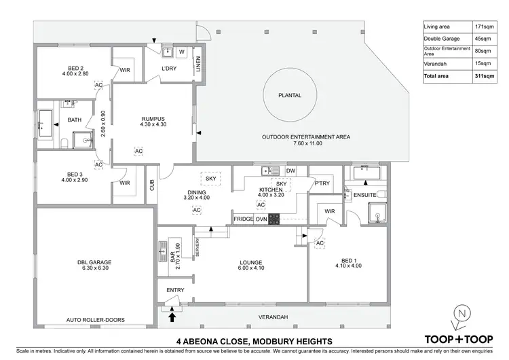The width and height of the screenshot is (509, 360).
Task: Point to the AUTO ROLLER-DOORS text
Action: [94, 319]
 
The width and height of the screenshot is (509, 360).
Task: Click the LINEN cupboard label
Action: [198, 65]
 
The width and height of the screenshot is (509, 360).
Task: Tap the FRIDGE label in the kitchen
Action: [243, 219]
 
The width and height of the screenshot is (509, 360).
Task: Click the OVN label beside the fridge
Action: [261, 219]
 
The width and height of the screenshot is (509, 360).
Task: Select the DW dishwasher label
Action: [290, 170]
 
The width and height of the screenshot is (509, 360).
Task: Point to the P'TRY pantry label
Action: [322, 183]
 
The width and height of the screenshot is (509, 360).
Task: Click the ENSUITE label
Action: [365, 196]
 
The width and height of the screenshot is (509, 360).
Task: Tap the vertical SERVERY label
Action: [198, 246]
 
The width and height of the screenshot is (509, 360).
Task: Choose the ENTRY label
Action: [175, 290]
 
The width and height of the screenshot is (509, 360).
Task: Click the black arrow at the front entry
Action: [172, 316]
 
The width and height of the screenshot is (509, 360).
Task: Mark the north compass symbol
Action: [461, 314]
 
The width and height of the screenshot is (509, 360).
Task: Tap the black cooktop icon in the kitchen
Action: [274, 219]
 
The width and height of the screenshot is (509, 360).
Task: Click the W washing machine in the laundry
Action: [182, 51]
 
